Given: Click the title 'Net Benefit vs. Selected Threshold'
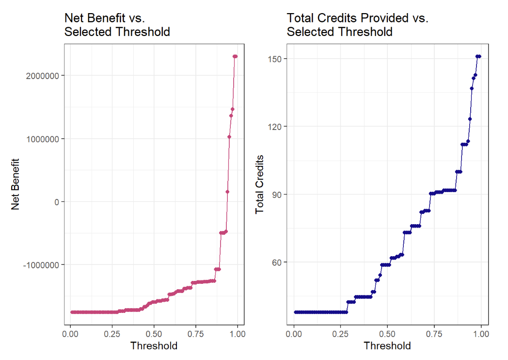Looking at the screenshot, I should coord(117,25).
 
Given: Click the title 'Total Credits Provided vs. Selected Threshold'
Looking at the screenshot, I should coord(358,25).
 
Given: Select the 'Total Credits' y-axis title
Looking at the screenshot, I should coord(259,184).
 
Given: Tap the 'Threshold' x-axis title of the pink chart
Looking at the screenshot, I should coord(154,346).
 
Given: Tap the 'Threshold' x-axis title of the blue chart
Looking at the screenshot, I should coord(387,346).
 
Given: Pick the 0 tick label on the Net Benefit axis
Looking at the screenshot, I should coord(57,202).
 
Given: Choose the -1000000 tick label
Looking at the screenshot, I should coord(41,265).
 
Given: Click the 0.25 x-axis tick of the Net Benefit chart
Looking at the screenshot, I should coord(112,334).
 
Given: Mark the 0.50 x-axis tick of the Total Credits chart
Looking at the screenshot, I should coord(387,334).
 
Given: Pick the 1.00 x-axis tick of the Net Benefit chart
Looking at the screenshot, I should coord(238,334).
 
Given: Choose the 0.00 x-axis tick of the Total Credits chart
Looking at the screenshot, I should coord(294,334).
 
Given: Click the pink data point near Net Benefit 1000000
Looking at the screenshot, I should coord(229,137).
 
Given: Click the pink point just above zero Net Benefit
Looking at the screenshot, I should coord(227,192).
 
